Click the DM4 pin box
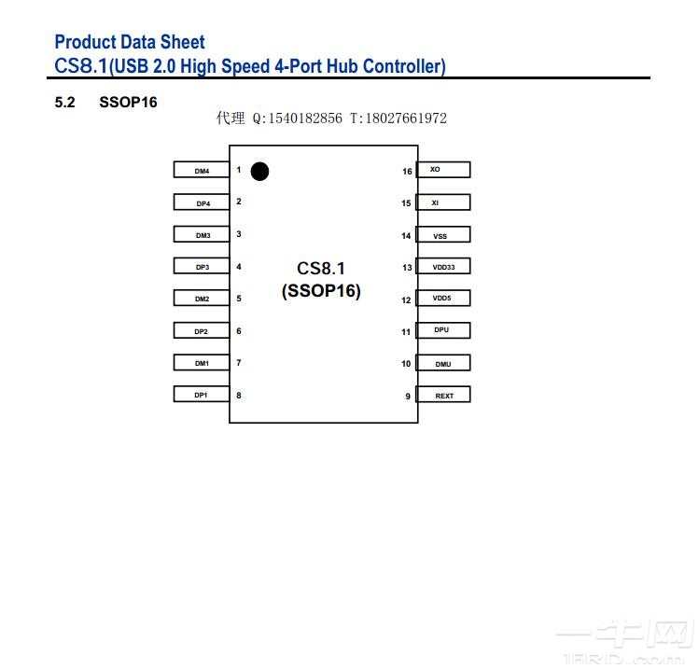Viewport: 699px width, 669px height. pos(202,170)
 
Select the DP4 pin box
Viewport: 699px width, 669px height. pos(202,202)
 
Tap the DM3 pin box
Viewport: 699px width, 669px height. pos(202,235)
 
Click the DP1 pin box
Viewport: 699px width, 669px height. pos(202,395)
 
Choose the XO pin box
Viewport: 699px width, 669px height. pos(444,170)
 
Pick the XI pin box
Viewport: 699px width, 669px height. pos(444,202)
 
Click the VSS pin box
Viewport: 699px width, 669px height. pos(444,235)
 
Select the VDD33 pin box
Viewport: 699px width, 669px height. pos(444,267)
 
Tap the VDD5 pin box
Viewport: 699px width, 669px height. pos(444,299)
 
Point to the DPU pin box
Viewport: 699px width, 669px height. pos(444,330)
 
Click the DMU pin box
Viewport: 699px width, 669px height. pos(444,363)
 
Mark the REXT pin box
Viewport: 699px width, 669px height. pos(444,395)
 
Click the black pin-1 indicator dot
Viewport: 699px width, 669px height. pos(259,171)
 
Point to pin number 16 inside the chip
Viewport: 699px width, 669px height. pos(407,172)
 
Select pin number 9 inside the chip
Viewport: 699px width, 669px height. pos(407,396)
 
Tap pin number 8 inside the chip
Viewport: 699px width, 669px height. pos(239,395)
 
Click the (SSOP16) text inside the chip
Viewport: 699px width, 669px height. pos(321,291)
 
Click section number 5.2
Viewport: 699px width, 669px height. pos(64,102)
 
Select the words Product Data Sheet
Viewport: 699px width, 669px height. pos(130,42)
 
